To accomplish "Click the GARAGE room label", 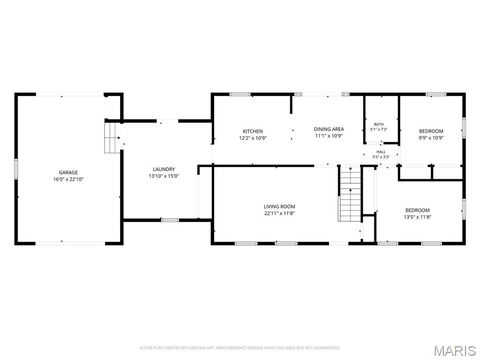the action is point(68,172).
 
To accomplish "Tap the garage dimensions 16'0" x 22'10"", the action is point(68,180).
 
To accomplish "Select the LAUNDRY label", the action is point(164,169).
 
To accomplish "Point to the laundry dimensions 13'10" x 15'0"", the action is point(164,176).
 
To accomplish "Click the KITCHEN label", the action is point(253,131).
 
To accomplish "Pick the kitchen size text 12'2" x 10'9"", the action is point(253,138).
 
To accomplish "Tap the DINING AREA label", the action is point(329,129).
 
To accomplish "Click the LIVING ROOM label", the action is point(279,207).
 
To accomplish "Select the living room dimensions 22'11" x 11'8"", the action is point(279,213).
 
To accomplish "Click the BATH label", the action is point(379,124).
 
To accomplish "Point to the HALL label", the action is point(381,152).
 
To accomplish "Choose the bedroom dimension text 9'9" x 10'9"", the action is point(431,138).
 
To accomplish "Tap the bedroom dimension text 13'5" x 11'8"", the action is point(418,217).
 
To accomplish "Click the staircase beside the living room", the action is point(350,194).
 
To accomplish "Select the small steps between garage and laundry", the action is point(112,138).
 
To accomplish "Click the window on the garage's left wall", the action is point(16,169).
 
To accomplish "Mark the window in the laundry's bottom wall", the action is point(170,220).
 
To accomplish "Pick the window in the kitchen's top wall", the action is point(240,94).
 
